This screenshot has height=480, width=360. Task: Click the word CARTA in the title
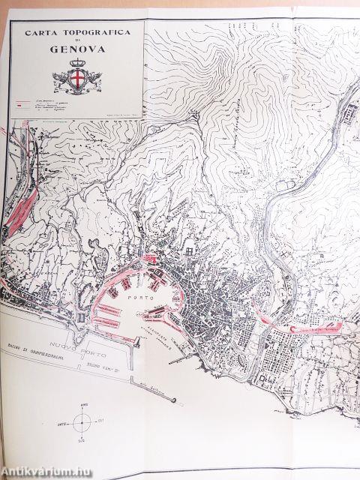42,34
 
